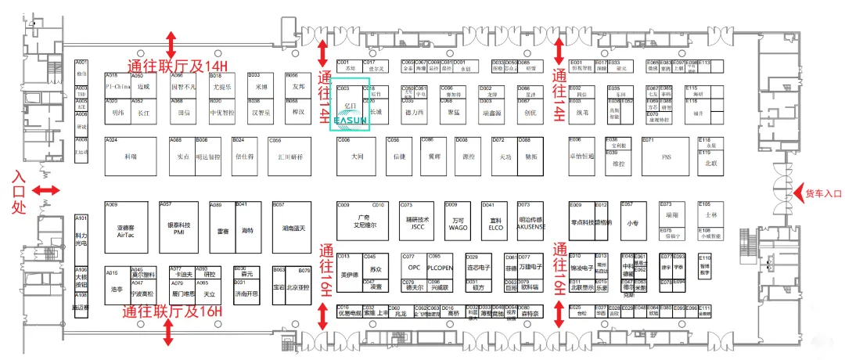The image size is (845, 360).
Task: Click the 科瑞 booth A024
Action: (x=130, y=156)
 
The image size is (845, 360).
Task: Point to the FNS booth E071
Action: (x=667, y=157)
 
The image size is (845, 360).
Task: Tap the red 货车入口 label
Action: (x=822, y=193)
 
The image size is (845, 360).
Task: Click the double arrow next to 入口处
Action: (x=47, y=190)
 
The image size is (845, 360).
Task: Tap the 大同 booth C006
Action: (x=358, y=157)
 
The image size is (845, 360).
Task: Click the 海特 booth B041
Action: (x=247, y=229)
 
